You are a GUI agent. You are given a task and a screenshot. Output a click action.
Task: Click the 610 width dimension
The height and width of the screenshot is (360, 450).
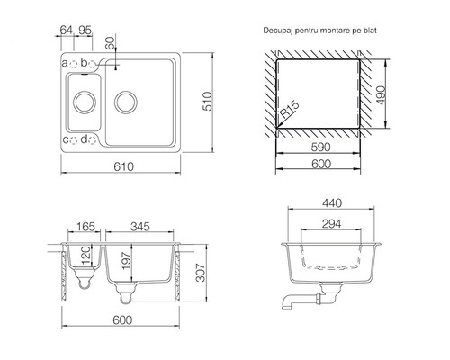click(x=123, y=166)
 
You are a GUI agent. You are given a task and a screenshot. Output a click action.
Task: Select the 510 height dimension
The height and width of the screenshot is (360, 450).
click(x=207, y=102)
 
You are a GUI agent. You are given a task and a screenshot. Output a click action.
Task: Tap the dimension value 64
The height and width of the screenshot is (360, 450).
click(x=67, y=30)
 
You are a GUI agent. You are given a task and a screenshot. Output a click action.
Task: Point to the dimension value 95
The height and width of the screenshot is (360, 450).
click(x=85, y=30)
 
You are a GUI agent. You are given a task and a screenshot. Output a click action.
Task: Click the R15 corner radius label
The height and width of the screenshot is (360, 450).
click(x=290, y=110)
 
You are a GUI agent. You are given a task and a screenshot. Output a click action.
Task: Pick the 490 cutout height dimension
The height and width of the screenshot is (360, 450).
click(x=381, y=95)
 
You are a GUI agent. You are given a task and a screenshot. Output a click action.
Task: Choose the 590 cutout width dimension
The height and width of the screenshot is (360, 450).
click(x=320, y=147)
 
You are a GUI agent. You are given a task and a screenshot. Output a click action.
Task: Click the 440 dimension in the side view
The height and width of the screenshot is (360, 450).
click(x=332, y=203)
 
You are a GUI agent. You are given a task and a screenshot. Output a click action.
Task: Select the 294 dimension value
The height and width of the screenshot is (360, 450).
click(x=331, y=224)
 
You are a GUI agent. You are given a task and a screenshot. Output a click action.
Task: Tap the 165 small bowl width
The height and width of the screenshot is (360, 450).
click(x=85, y=227)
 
